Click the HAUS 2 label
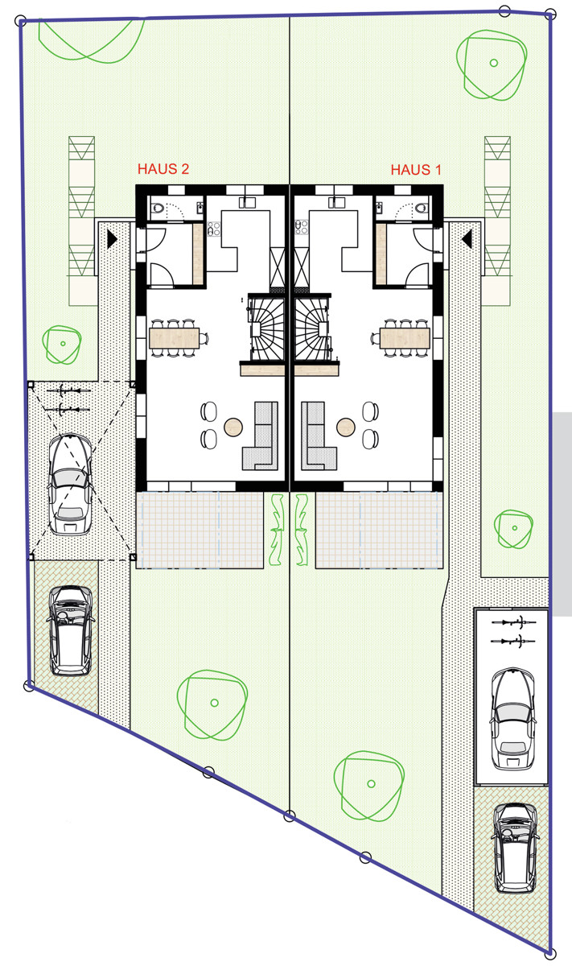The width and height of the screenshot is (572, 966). pos(163,170)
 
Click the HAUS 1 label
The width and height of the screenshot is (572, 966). pos(416,170)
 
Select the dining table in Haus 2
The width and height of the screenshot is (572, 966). pos(174,337)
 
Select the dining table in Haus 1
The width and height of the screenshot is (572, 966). pos(405,337)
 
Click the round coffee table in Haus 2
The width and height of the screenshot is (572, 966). pos(233,425)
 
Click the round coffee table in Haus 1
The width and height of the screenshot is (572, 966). pos(347,425)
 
